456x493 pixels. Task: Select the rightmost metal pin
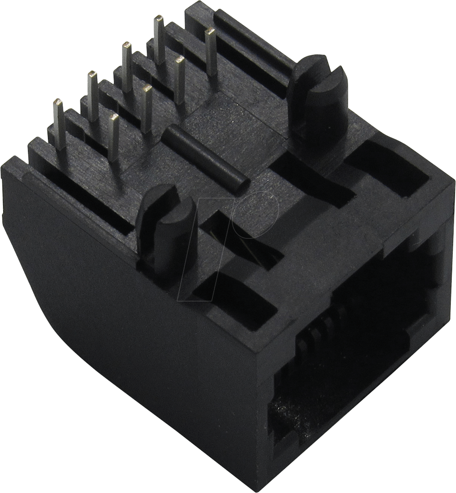[x=211, y=51]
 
